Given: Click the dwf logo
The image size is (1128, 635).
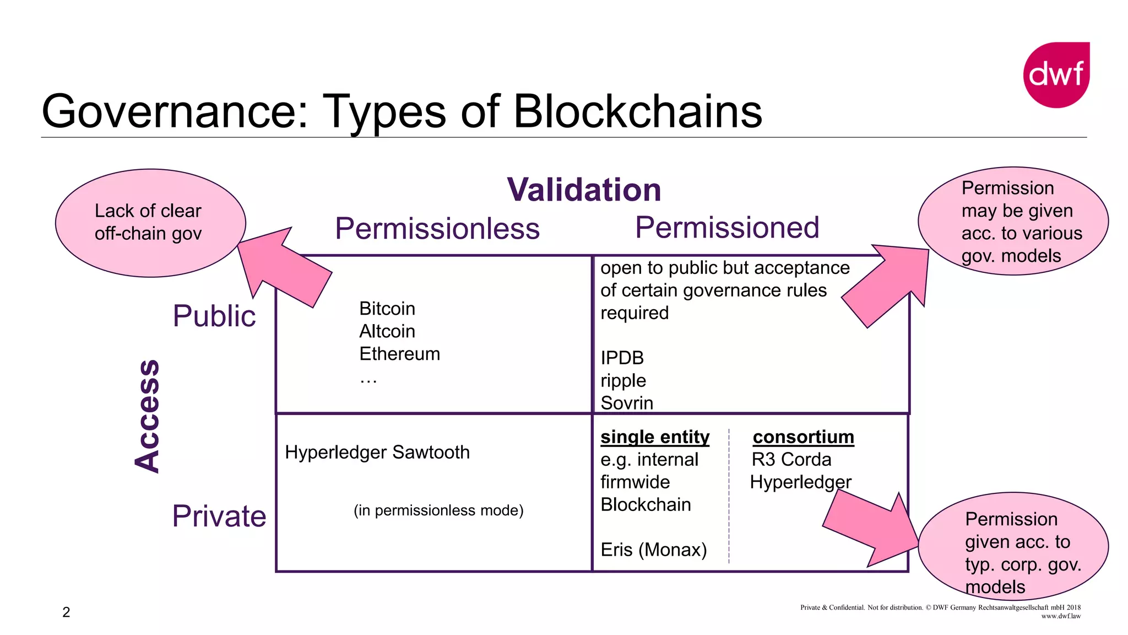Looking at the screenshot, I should [x=1056, y=74].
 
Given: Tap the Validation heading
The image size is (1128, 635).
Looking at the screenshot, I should [x=584, y=190].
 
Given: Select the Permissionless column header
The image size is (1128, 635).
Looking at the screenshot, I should [x=437, y=228].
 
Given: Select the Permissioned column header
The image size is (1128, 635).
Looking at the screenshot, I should [x=727, y=227].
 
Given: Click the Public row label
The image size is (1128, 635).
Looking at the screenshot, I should [x=214, y=316].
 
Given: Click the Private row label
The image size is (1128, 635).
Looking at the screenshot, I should [x=219, y=516].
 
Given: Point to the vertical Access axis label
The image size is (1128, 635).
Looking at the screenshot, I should [x=148, y=416].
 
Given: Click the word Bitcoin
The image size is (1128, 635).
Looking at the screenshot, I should [x=387, y=309].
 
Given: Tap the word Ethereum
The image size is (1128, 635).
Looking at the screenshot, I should [x=399, y=354].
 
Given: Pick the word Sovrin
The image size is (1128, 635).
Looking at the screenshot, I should [x=627, y=403].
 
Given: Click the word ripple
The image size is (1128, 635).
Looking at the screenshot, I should [x=623, y=380].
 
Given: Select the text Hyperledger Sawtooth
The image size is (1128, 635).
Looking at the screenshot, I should [x=377, y=452].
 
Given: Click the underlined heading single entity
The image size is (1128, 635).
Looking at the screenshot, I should [x=654, y=437].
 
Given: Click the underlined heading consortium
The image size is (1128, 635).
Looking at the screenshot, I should [x=803, y=437].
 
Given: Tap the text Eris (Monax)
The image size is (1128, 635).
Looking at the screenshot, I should [x=653, y=550].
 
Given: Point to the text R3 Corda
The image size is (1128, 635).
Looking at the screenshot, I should [x=791, y=459].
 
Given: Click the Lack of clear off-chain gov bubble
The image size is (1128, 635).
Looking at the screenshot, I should [x=150, y=222].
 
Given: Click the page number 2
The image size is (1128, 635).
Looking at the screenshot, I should [x=66, y=612].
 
